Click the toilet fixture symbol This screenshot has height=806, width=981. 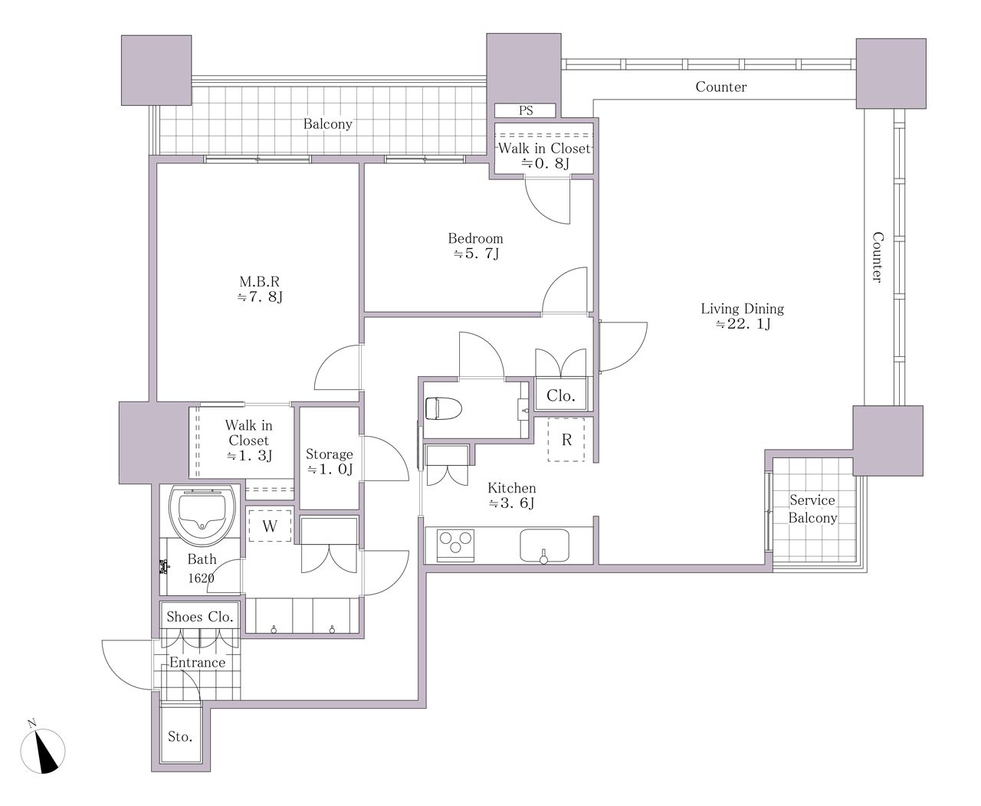443,408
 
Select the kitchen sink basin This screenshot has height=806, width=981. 544,545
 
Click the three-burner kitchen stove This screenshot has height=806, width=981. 455,545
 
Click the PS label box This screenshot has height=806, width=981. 525,110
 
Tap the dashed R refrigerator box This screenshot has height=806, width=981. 566,440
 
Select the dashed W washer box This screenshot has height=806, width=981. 270,526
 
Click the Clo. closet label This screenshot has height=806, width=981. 560,396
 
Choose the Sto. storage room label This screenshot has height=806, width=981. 180,737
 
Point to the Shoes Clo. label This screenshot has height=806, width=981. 199,617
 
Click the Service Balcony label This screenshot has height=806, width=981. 812,509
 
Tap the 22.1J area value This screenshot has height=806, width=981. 743,323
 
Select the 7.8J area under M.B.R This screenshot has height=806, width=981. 260,297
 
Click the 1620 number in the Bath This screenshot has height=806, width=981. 201,578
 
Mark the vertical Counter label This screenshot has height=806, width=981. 877,257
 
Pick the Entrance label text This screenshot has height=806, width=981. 197,662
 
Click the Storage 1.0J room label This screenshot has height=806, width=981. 330,461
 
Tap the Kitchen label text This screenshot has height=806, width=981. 512,488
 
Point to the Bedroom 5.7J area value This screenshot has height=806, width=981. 476,254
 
